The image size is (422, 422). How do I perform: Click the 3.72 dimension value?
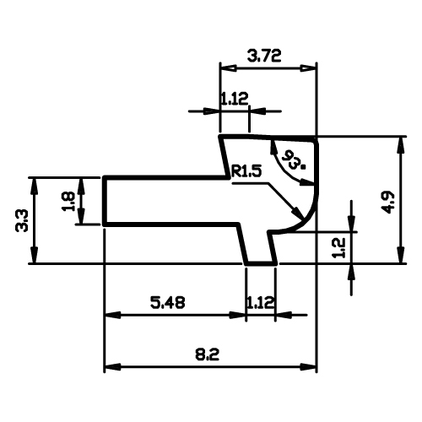tap(264, 56)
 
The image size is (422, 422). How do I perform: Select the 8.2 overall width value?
tap(207, 354)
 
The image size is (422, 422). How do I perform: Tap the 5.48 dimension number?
tap(168, 303)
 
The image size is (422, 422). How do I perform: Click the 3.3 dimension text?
tap(22, 220)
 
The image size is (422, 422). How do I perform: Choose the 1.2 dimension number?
tap(338, 247)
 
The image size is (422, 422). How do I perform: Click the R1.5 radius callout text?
tap(246, 171)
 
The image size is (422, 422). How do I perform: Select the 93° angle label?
tap(293, 160)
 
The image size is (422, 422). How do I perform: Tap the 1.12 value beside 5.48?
tap(260, 303)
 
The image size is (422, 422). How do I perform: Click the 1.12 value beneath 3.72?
tap(234, 99)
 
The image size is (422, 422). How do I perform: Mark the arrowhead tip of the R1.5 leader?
tap(303, 219)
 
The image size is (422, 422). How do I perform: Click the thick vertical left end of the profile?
tap(105, 201)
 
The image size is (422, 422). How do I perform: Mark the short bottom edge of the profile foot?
tap(261, 263)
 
